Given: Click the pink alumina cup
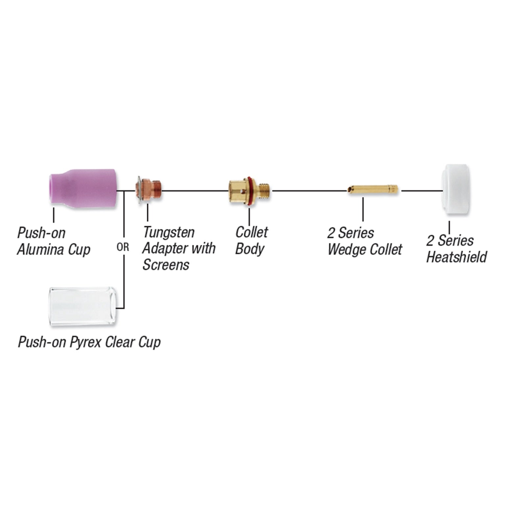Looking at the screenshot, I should [84, 189].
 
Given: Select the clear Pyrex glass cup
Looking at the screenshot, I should [82, 306].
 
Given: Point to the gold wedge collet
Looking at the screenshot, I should [373, 189].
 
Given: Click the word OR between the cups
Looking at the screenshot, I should [123, 247].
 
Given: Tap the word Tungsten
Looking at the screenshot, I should [169, 232].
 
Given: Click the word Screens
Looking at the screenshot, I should [166, 265].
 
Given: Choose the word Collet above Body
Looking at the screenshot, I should [251, 232].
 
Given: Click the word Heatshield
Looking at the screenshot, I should [457, 257].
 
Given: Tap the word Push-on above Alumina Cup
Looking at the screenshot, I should [41, 233].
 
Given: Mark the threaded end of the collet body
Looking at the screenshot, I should [264, 190].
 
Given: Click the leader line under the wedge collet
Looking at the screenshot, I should [363, 209].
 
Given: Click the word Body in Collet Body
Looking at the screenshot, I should [250, 249].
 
